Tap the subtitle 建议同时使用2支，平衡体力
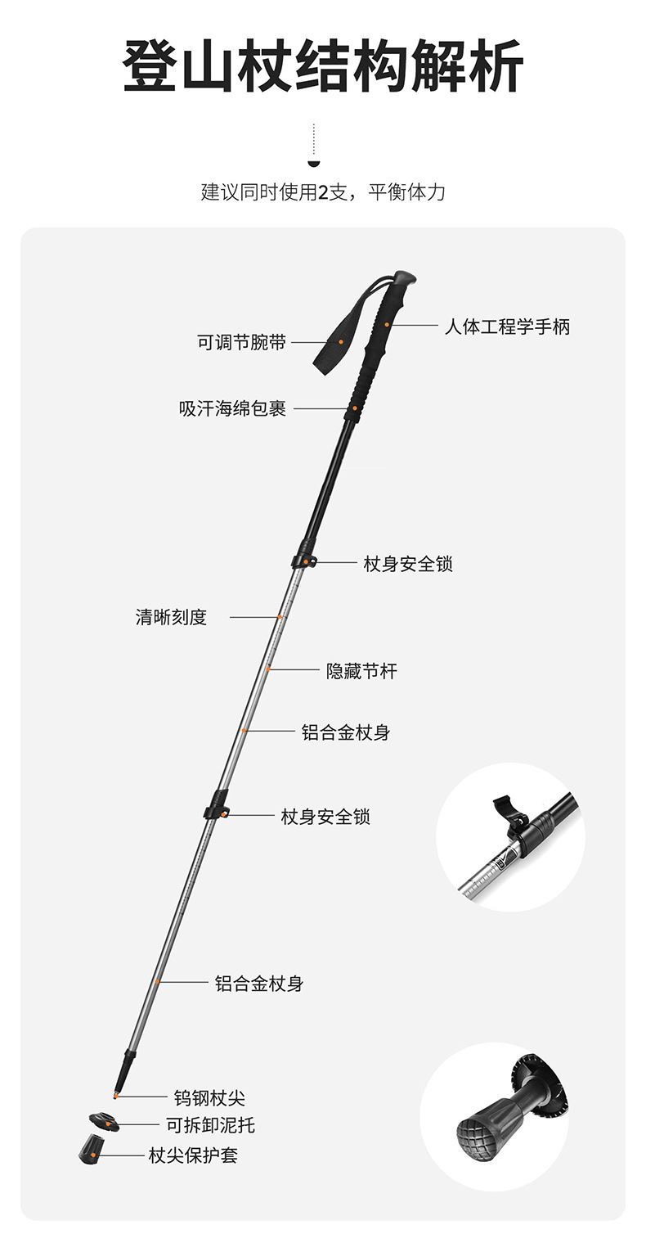click(323, 192)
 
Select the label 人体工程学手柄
click(507, 327)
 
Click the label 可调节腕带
click(241, 342)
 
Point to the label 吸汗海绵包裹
click(233, 408)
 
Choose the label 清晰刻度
click(171, 617)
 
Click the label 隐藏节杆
click(361, 671)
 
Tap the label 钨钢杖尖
click(209, 1097)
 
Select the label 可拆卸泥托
click(210, 1125)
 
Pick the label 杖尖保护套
click(193, 1155)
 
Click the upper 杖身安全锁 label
click(408, 564)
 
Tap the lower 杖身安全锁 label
click(325, 817)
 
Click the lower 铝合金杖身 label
click(259, 983)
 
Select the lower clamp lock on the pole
click(217, 808)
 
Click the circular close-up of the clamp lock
click(510, 837)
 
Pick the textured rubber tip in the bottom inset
click(479, 1129)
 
